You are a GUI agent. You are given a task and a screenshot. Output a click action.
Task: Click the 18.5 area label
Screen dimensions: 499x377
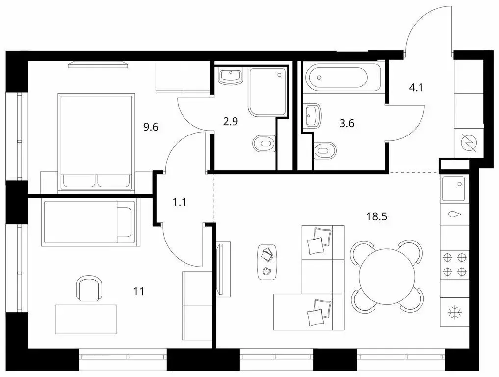[x=376, y=217]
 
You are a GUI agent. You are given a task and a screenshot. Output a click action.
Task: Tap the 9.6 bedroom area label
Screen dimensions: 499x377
[x=151, y=127]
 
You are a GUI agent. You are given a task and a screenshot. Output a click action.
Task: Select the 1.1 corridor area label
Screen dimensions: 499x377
[x=180, y=202]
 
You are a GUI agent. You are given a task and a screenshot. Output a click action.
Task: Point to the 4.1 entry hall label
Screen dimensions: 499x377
[x=416, y=87]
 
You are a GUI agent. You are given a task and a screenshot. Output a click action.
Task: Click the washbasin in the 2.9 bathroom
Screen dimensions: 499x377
[x=231, y=76]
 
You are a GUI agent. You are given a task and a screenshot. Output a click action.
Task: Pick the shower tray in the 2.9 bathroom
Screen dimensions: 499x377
[x=267, y=92]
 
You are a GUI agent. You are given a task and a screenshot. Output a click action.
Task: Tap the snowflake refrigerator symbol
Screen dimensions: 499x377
[x=454, y=312]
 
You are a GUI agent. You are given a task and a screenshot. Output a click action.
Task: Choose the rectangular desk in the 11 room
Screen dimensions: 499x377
[x=86, y=320]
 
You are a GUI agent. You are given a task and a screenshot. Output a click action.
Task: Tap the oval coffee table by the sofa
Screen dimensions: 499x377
[x=267, y=262]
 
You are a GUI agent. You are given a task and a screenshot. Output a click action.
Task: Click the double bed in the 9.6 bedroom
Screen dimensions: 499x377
[x=96, y=142]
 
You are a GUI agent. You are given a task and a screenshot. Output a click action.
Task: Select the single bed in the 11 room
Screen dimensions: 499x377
[x=90, y=222]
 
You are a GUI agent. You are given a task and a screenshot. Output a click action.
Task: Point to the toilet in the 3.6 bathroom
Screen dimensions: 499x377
[x=325, y=151]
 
